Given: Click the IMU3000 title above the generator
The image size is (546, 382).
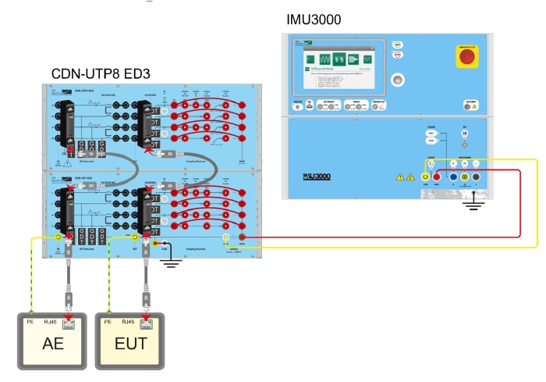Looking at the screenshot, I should [314, 18].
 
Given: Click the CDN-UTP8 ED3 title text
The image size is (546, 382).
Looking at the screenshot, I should [101, 73].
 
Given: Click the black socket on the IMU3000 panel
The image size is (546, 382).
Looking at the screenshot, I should [476, 177].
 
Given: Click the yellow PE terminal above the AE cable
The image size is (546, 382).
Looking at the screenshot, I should [58, 237].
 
